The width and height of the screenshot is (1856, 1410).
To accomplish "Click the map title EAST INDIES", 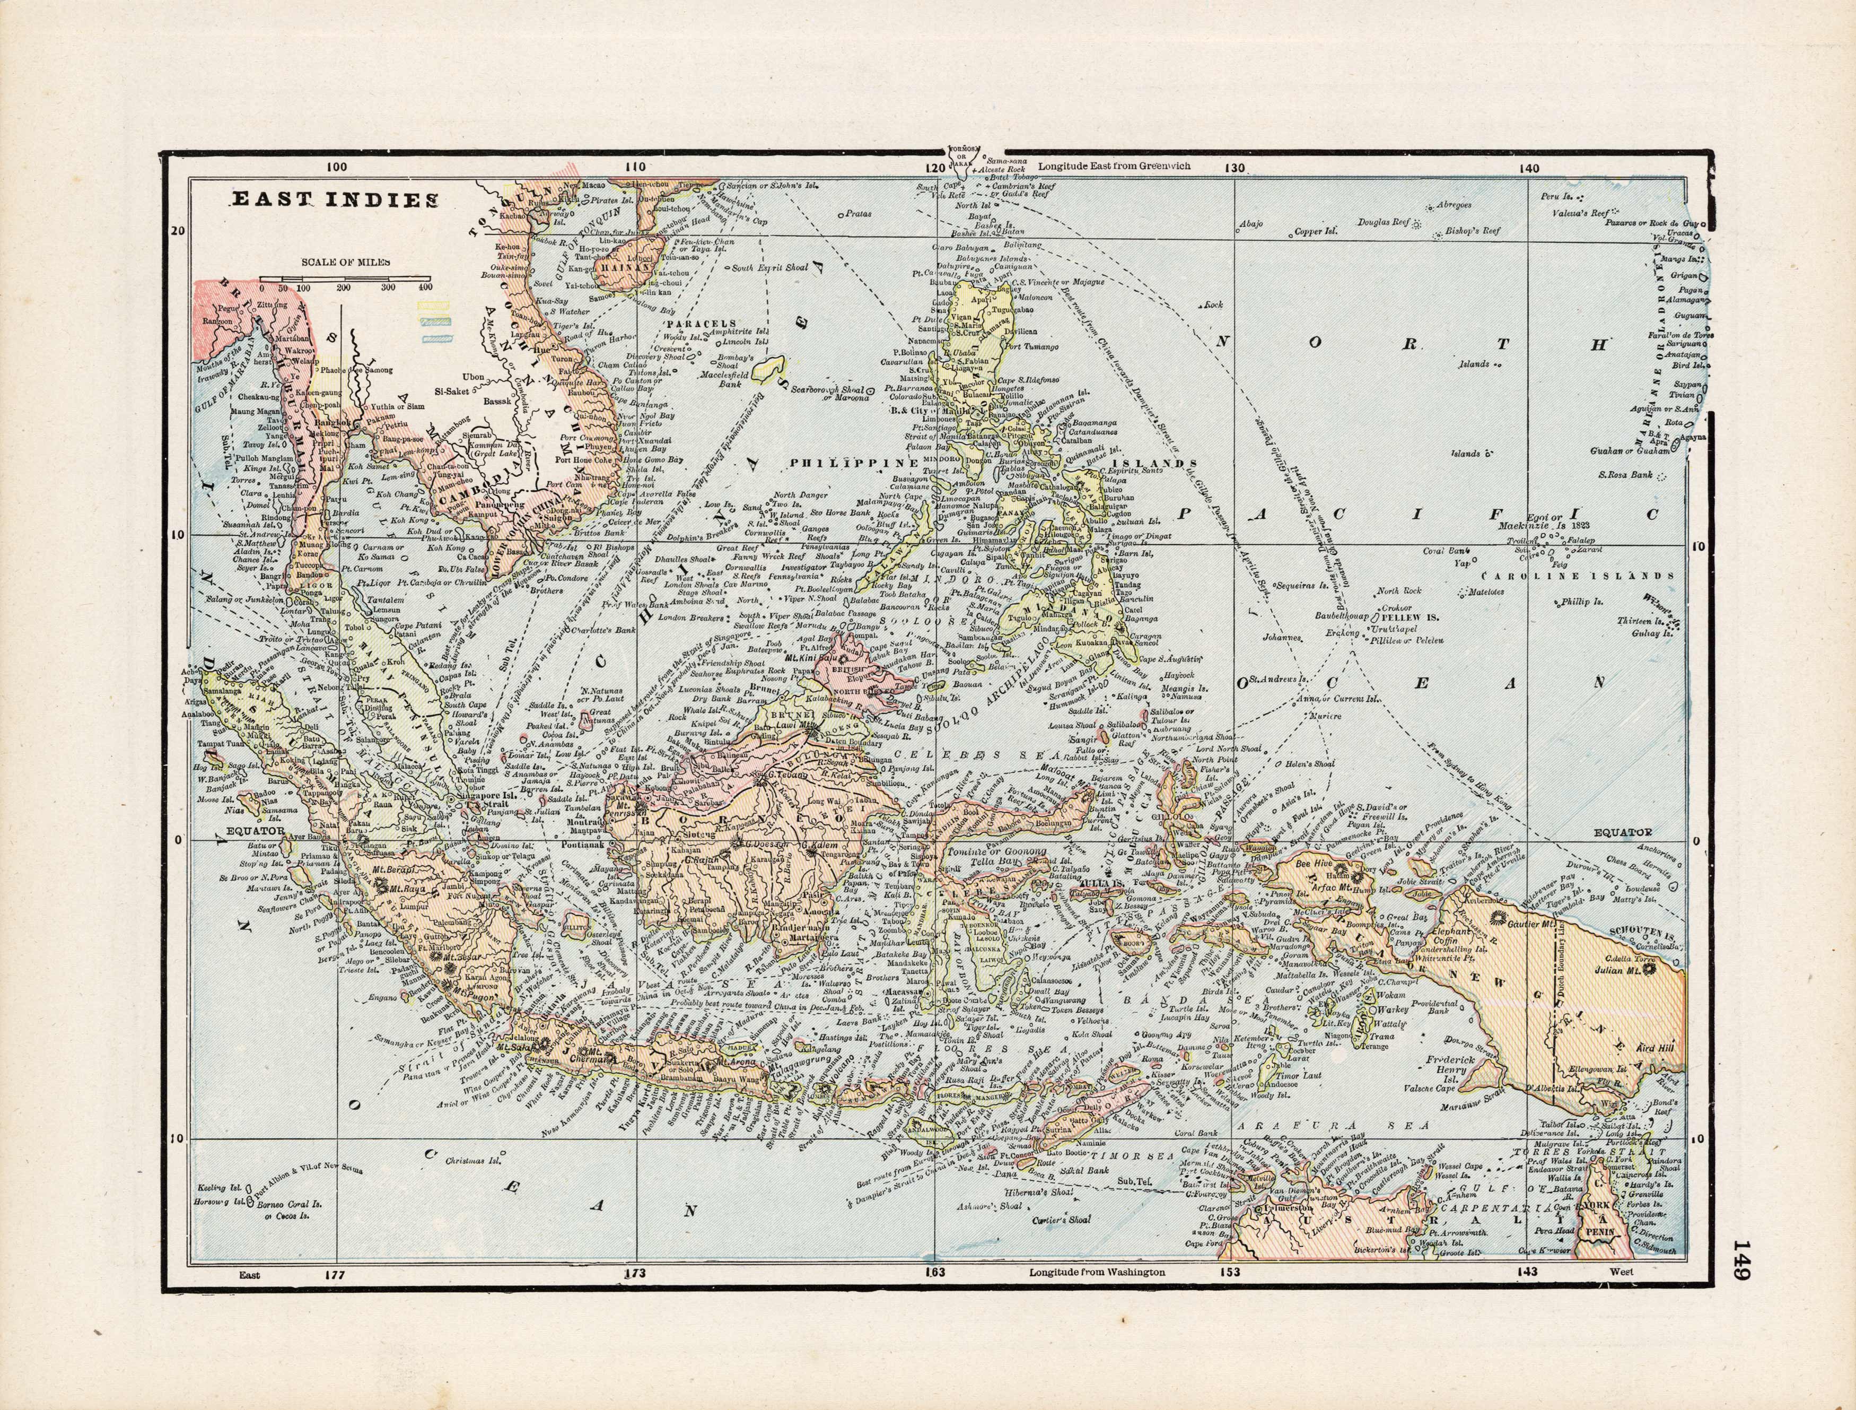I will tap(334, 200).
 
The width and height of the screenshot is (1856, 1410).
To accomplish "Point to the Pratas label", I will tap(859, 214).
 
